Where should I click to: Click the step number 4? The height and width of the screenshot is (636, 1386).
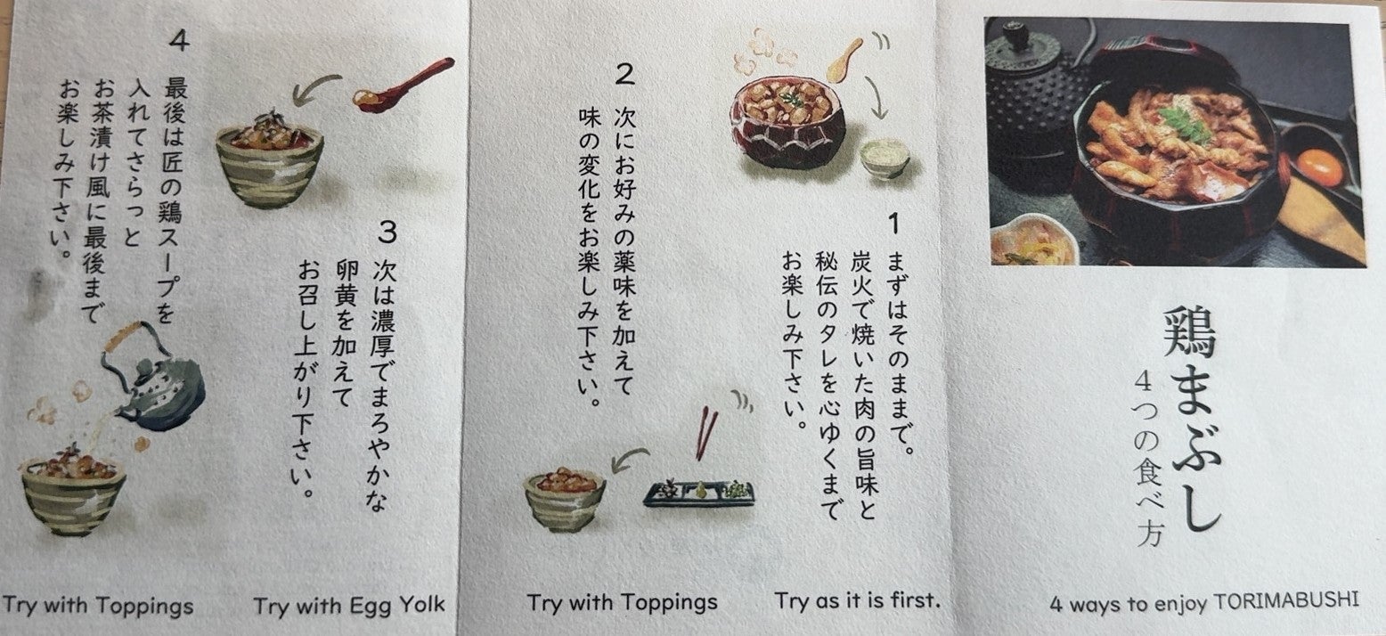(x=179, y=40)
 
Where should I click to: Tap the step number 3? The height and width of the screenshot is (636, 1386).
(x=387, y=232)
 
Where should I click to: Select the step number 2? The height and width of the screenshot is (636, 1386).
(x=625, y=74)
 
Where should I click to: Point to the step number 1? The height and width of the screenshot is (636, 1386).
(x=893, y=224)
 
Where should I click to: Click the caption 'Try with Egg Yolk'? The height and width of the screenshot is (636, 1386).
(x=349, y=606)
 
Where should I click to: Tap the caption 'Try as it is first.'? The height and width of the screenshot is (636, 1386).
(x=857, y=599)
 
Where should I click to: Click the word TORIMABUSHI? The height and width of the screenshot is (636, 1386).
(x=1285, y=600)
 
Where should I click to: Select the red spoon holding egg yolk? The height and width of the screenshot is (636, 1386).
(x=403, y=86)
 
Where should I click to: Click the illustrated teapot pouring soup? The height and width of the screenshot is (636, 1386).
(x=153, y=379)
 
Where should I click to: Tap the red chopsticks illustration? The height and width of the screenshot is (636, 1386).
(x=706, y=433)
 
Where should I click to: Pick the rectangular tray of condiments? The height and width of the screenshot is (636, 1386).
(x=699, y=493)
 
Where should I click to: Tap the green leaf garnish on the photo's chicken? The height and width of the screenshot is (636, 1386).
(x=1184, y=124)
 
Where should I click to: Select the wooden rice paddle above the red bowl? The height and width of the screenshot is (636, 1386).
(x=844, y=61)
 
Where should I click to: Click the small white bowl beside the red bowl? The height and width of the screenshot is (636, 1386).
(x=885, y=158)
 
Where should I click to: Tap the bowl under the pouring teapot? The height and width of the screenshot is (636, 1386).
(x=73, y=496)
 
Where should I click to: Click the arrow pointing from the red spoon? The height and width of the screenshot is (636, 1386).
(x=314, y=86)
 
